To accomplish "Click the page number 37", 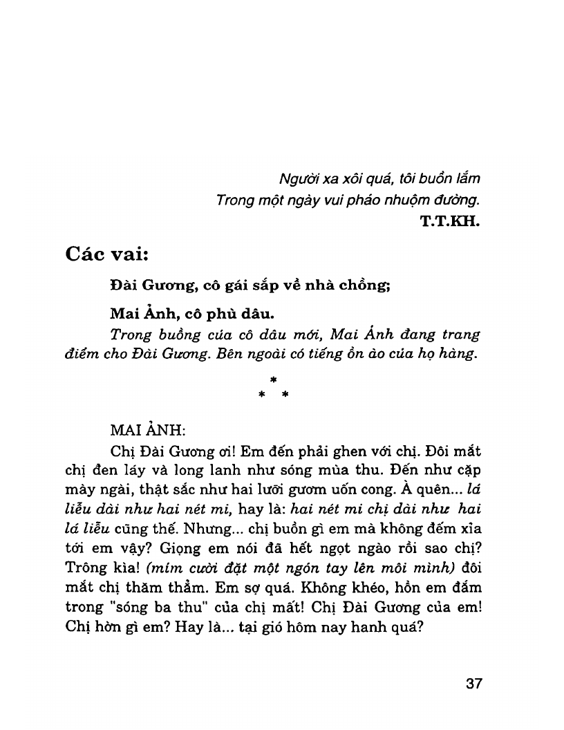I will (x=473, y=684).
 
